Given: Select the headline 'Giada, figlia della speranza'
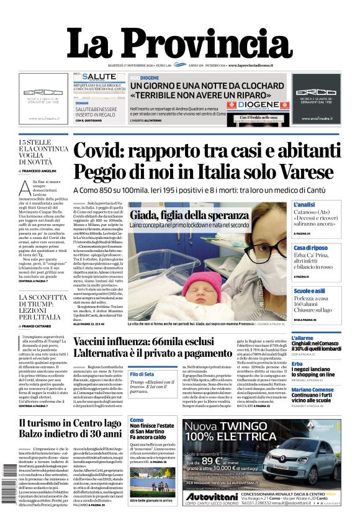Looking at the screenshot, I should coord(187,215).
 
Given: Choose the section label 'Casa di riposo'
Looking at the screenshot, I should coord(310,248).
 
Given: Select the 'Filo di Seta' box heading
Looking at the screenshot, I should coord(142,374).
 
